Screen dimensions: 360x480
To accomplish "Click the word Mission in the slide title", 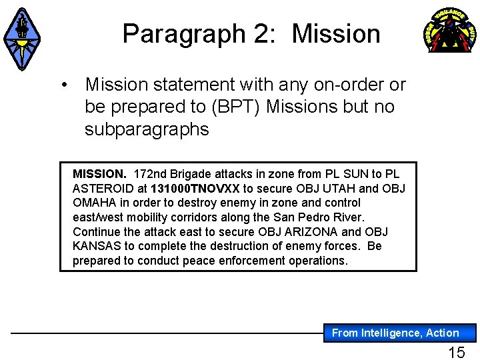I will [x=336, y=33].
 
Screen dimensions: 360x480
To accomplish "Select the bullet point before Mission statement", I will [x=65, y=85].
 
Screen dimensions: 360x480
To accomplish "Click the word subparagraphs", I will [x=147, y=129].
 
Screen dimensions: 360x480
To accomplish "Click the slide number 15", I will [x=457, y=352].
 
